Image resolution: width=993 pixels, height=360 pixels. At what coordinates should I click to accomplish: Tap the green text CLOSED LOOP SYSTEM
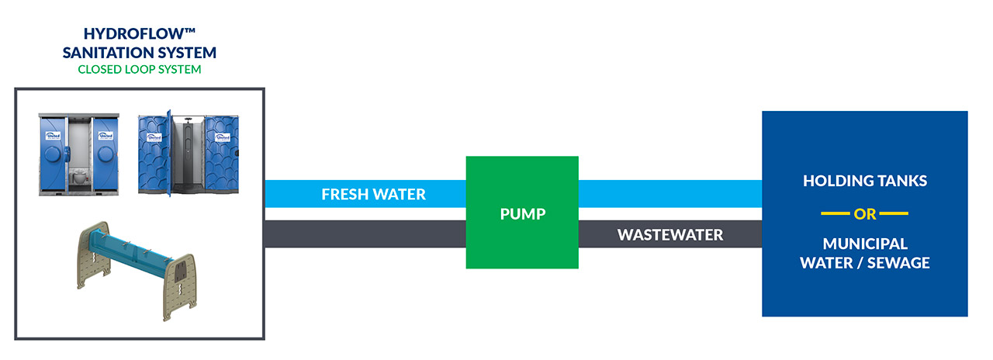[x=140, y=69]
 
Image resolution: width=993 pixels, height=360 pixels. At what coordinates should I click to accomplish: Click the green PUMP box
[x=522, y=213]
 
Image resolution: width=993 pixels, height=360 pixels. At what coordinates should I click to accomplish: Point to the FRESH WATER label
[x=374, y=194]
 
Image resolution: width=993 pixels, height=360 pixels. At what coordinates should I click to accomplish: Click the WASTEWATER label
[x=670, y=234]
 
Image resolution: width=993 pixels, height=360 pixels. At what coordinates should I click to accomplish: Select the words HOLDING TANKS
[x=865, y=181]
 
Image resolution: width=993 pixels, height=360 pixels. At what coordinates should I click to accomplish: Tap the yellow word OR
[x=865, y=213]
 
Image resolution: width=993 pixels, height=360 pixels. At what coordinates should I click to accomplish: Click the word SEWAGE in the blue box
[x=898, y=262]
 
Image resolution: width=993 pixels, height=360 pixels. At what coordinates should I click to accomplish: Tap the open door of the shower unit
[x=167, y=151]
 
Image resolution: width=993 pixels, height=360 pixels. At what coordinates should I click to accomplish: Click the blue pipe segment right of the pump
[x=669, y=193]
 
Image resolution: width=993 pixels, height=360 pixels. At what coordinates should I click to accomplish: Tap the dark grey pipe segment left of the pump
[x=365, y=234]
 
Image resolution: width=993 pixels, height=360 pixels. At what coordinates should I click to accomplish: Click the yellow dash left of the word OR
[x=836, y=213]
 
